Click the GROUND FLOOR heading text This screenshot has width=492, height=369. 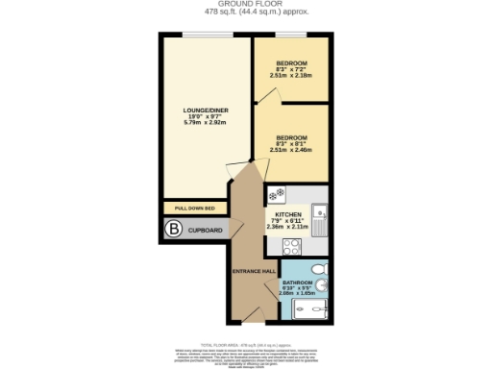pyautogui.click(x=245, y=4)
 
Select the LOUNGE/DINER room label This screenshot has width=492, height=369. pyautogui.click(x=204, y=111)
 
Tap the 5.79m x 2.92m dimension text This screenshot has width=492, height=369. pyautogui.click(x=204, y=123)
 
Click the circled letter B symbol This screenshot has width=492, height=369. pyautogui.click(x=173, y=230)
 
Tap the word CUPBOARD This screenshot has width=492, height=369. pyautogui.click(x=205, y=231)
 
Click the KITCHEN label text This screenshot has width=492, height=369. pyautogui.click(x=289, y=214)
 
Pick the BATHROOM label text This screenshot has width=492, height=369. pyautogui.click(x=296, y=282)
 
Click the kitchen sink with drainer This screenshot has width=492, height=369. pyautogui.click(x=325, y=220)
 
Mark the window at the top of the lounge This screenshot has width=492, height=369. pyautogui.click(x=204, y=36)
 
